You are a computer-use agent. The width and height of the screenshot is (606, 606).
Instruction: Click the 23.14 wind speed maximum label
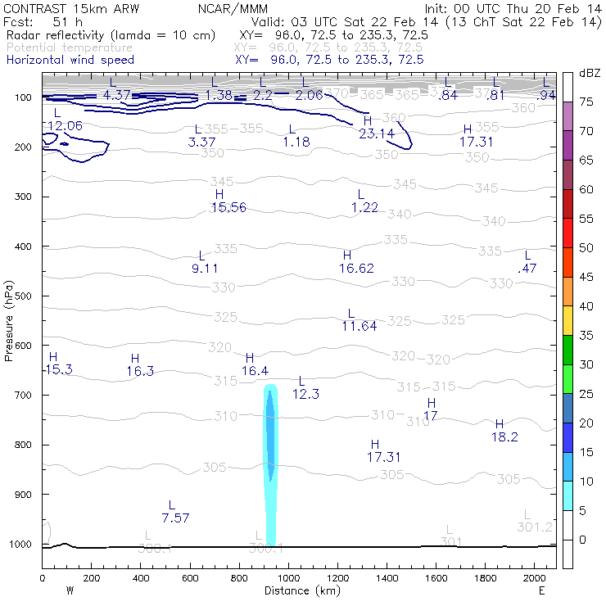377,133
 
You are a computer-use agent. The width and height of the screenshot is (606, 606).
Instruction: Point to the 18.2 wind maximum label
504,436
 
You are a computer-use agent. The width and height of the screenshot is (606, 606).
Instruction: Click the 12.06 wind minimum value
65,125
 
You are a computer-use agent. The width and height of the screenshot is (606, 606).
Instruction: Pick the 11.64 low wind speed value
359,325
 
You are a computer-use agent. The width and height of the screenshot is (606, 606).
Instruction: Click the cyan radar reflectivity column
271,459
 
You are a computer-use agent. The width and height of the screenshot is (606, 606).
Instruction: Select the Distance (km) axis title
299,590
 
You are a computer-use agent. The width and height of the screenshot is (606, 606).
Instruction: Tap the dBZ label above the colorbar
589,73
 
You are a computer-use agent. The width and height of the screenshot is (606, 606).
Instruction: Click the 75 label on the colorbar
586,102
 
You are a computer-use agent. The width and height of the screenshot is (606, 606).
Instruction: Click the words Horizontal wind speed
70,60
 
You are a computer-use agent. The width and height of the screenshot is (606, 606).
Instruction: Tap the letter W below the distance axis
70,590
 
